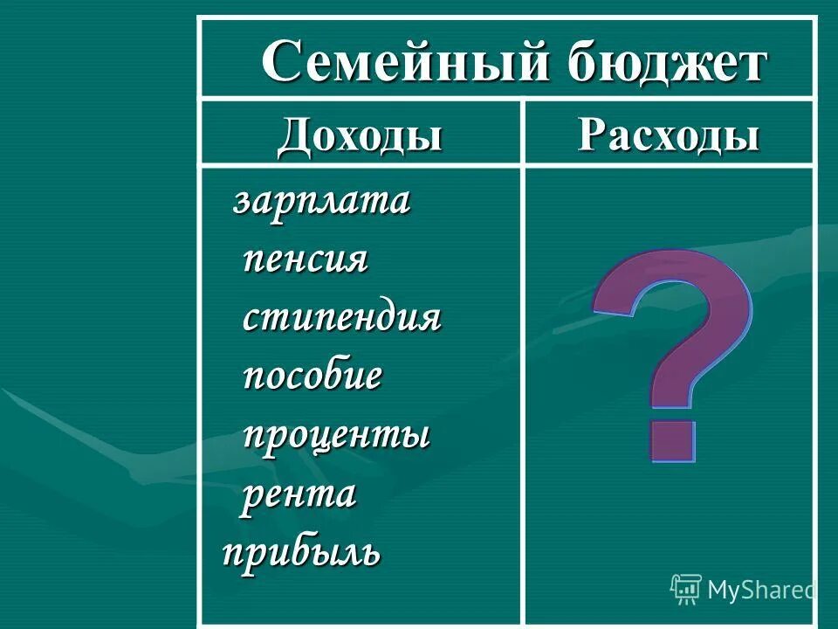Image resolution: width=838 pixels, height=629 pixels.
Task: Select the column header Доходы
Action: [x=360, y=137]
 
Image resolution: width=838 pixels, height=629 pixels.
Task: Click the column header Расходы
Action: [x=669, y=136]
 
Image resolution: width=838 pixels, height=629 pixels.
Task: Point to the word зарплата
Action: [x=321, y=202]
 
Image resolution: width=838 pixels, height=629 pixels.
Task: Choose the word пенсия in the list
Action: [x=306, y=259]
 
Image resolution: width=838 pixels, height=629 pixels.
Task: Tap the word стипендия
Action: [x=341, y=318]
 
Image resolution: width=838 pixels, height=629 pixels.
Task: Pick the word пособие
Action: [x=312, y=377]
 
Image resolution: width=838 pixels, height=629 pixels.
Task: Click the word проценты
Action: [x=336, y=435]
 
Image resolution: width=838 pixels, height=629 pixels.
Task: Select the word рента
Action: [x=299, y=494]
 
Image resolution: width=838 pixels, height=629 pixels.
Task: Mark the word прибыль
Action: [x=301, y=552]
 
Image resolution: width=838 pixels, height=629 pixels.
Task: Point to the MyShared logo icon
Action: [x=686, y=590]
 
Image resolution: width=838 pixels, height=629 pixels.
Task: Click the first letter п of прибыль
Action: [x=234, y=552]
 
